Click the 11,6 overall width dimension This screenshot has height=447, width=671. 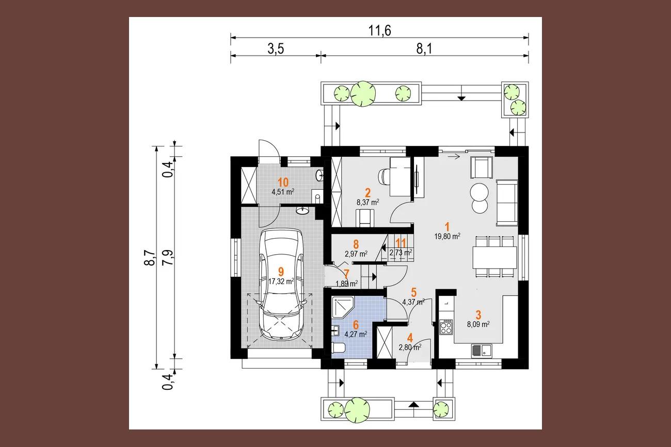click(x=379, y=30)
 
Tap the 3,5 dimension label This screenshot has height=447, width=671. click(x=276, y=49)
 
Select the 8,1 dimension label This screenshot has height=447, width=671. click(x=424, y=49)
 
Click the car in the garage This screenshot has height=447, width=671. click(x=282, y=285)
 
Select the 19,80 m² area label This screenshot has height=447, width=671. click(x=447, y=236)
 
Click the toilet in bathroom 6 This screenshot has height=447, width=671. click(x=339, y=348)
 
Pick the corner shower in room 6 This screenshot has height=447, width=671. click(x=343, y=308)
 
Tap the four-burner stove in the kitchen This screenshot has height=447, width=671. click(x=446, y=327)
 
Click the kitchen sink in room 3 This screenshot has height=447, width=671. click(x=482, y=351)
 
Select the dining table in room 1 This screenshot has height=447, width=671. click(x=494, y=257)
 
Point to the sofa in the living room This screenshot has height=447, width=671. click(x=507, y=203)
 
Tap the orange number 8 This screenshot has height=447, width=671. click(x=356, y=244)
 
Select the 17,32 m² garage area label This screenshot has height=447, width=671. click(x=281, y=282)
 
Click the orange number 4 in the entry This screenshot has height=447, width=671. click(x=410, y=338)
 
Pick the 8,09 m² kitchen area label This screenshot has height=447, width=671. click(x=478, y=324)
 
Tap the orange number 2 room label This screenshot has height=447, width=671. click(x=368, y=193)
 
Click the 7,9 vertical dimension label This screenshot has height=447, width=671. click(x=168, y=258)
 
